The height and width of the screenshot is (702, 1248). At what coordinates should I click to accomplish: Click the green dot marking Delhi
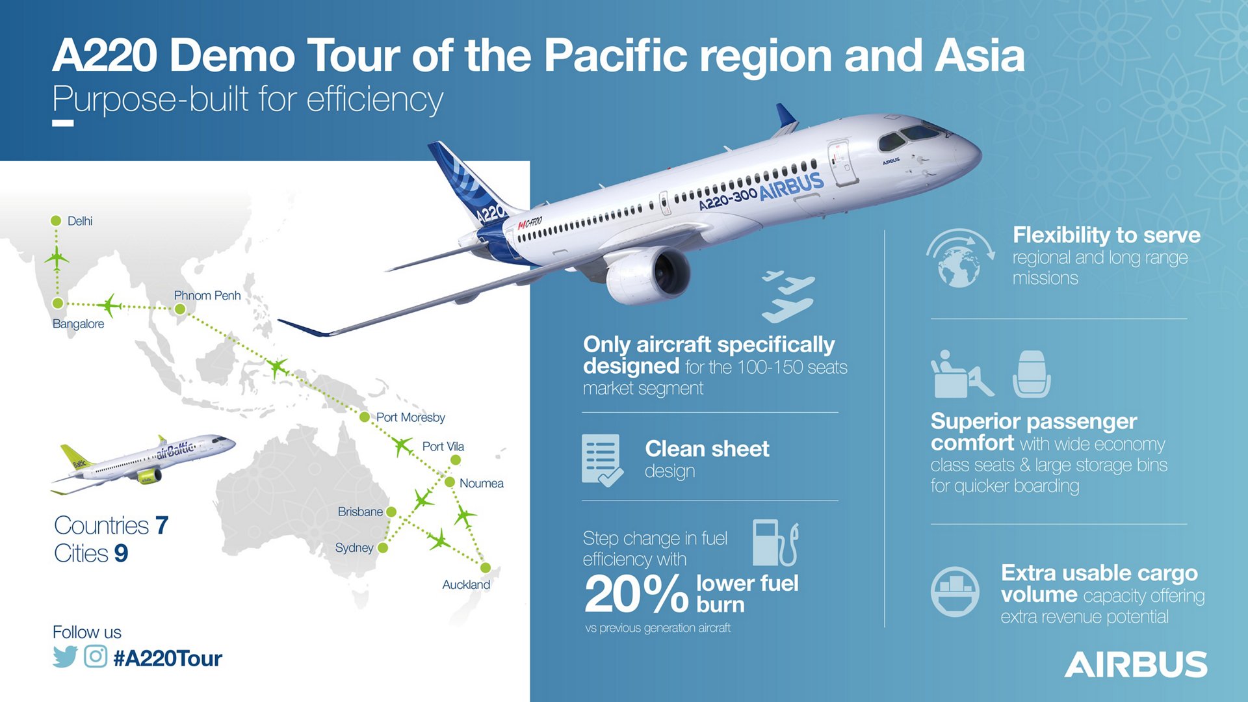tap(56, 221)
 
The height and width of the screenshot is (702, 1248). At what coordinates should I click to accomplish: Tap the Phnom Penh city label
tap(207, 296)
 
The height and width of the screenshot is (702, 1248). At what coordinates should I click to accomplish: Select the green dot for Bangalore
tap(58, 304)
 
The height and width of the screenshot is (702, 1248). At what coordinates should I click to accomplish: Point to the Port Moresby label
tap(410, 417)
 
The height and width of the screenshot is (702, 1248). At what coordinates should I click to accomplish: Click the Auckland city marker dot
tap(485, 568)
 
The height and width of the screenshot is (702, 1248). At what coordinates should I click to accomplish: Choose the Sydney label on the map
tap(354, 548)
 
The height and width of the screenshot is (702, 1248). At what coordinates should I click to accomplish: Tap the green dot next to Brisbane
tap(391, 512)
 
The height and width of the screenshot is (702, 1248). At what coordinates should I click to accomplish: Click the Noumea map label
tap(481, 484)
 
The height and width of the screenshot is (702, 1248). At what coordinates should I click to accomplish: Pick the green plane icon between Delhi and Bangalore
tap(57, 259)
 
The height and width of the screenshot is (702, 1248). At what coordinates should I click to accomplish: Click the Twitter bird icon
tap(65, 657)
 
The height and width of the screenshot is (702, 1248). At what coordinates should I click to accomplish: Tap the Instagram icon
tap(96, 656)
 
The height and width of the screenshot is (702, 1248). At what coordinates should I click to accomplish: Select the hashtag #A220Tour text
tap(168, 658)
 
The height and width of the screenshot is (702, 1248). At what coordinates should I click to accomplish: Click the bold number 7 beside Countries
tap(162, 525)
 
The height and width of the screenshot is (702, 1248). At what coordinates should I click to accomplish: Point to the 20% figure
tap(636, 595)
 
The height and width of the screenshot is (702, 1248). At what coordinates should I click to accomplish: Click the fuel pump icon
tap(774, 543)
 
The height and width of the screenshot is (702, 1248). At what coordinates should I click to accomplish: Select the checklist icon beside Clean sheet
tap(601, 460)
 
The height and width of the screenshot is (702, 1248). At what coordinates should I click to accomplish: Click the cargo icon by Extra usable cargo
tap(955, 591)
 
